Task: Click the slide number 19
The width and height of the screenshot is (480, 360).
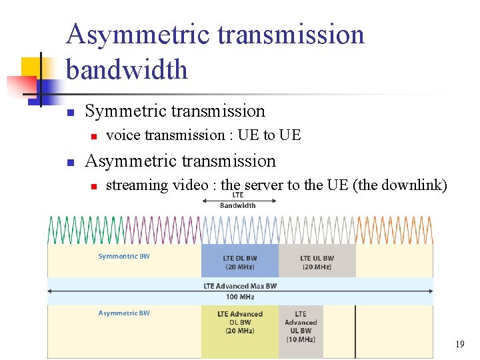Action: pyautogui.click(x=459, y=345)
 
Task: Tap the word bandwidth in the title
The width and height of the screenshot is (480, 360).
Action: pyautogui.click(x=127, y=69)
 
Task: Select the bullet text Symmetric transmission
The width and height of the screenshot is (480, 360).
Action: pyautogui.click(x=175, y=111)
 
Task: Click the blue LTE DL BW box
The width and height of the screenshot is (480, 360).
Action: pyautogui.click(x=240, y=261)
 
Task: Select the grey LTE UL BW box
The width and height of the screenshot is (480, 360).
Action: pyautogui.click(x=317, y=261)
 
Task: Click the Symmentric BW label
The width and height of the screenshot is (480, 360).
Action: pyautogui.click(x=124, y=256)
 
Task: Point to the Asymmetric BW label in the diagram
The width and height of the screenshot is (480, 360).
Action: pyautogui.click(x=124, y=313)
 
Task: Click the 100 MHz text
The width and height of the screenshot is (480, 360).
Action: pyautogui.click(x=239, y=297)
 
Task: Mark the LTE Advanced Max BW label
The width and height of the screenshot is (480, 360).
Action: pyautogui.click(x=239, y=286)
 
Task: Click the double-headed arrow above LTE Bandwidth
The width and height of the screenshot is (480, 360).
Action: pyautogui.click(x=238, y=186)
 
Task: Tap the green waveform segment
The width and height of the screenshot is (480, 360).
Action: pyautogui.click(x=86, y=229)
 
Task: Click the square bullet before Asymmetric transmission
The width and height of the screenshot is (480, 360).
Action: pyautogui.click(x=70, y=162)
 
